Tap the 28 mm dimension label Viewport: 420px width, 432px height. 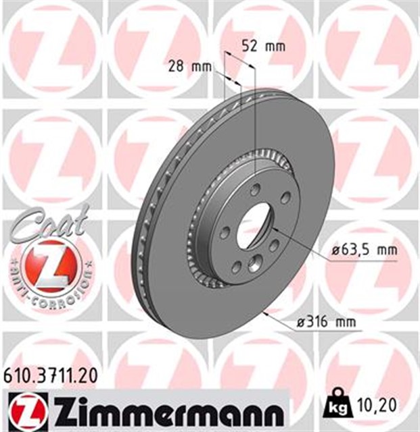[x=189, y=66]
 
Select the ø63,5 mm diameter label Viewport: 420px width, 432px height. [x=364, y=250]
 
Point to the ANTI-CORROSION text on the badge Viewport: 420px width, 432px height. [x=48, y=283]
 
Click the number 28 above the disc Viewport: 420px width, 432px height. [x=177, y=66]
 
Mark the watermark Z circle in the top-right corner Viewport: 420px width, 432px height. [x=369, y=47]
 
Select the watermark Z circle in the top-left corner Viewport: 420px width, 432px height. [x=51, y=47]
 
